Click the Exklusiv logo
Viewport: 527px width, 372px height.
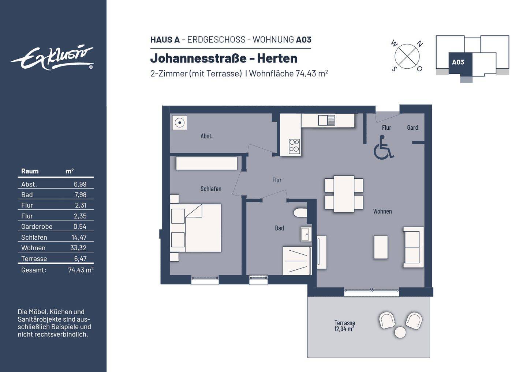[x=52, y=58]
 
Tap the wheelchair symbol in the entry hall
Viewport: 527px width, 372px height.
[x=383, y=148]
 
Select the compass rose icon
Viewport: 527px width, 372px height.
[x=407, y=56]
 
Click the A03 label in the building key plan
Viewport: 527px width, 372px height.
[x=458, y=62]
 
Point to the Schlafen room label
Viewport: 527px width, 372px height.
[x=211, y=189]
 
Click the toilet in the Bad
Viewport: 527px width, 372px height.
[x=300, y=213]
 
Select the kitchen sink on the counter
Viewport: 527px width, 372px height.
[x=326, y=120]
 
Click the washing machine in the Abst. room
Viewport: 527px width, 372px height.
[x=179, y=123]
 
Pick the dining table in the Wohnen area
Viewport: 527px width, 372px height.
[x=344, y=194]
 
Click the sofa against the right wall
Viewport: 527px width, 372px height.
[x=413, y=247]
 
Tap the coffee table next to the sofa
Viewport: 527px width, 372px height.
[x=381, y=247]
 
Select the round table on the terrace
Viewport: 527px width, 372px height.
[x=400, y=332]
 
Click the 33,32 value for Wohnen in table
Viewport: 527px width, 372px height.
[x=78, y=248]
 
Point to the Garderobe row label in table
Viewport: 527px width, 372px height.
[x=37, y=227]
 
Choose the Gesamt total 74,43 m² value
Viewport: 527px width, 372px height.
[x=81, y=270]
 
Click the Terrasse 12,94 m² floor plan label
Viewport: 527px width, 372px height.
[x=344, y=326]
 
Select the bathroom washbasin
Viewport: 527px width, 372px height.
[x=306, y=234]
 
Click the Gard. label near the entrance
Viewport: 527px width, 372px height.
[x=413, y=128]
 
